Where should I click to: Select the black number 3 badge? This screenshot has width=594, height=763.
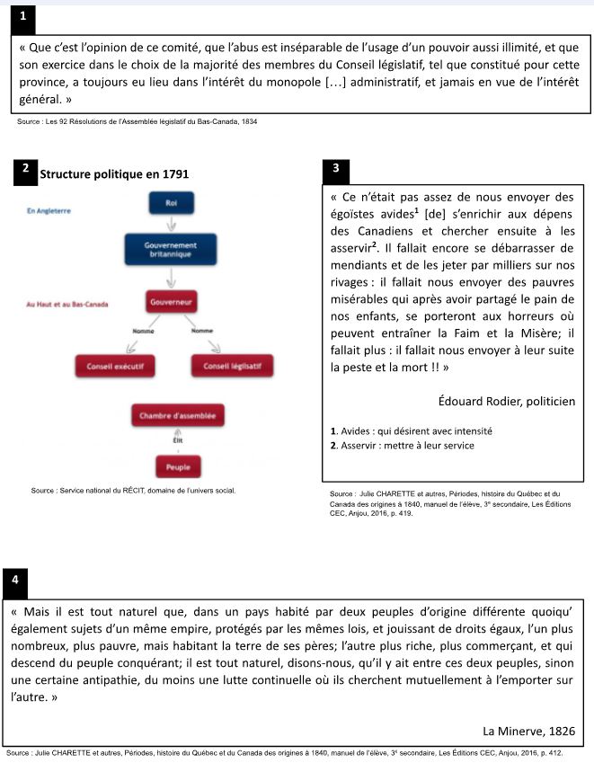coord(334,168)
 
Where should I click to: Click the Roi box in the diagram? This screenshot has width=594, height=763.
coord(172,204)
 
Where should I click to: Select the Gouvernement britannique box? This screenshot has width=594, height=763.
coord(172,249)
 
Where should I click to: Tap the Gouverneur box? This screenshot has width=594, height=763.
coord(172,303)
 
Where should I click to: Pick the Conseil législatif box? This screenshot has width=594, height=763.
coord(231,366)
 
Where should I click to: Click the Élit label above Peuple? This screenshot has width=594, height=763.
coord(177,441)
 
